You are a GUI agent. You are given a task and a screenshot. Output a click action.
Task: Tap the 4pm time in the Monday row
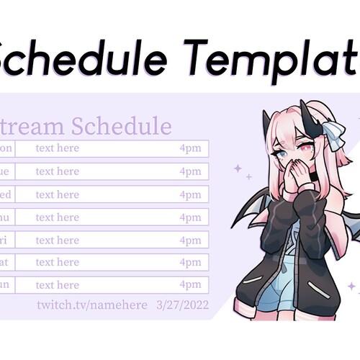(x=190, y=148)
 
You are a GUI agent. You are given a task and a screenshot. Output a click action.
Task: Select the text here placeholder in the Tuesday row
(x=58, y=171)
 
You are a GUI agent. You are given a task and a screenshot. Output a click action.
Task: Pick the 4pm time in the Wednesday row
(x=190, y=194)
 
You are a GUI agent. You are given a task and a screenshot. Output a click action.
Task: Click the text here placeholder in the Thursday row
(x=58, y=217)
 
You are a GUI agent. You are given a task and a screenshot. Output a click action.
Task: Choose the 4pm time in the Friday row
(x=190, y=240)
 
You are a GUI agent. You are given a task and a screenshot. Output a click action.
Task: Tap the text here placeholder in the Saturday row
(x=58, y=263)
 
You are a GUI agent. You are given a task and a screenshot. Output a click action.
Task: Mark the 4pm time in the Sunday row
(x=190, y=285)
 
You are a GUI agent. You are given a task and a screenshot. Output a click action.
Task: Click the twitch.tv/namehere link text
(x=92, y=305)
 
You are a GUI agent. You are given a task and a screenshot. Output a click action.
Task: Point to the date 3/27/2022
(x=182, y=305)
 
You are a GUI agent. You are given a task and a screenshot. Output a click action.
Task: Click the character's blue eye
(x=284, y=153)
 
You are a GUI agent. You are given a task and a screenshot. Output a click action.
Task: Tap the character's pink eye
(x=305, y=151)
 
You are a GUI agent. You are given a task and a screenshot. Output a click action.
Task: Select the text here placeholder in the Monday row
(x=58, y=148)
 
